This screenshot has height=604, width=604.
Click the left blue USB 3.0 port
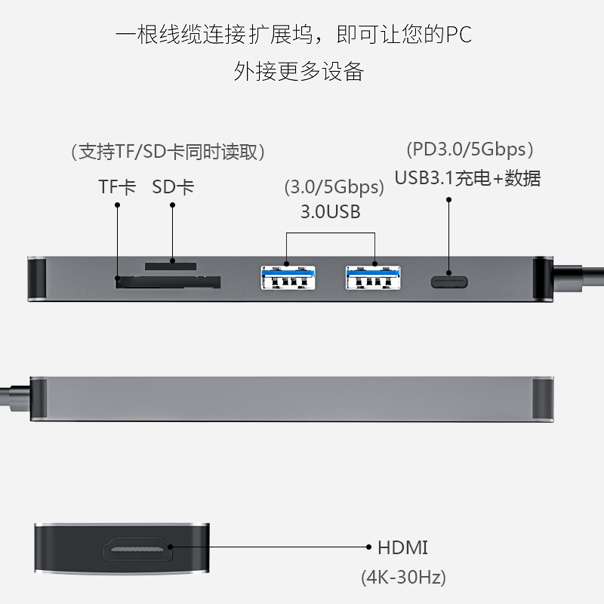pos(286,278)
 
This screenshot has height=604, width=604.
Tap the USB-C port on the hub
pos(449,282)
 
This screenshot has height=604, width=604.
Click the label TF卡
pos(117,186)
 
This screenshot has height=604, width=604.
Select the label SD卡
pos(172,186)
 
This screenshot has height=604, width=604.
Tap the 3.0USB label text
pos(330,211)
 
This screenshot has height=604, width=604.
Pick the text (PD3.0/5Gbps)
pos(470,149)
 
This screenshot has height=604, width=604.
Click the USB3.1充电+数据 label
pos(468,178)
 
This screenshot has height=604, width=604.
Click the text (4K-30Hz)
pos(403,578)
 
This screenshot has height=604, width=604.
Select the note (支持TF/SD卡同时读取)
pos(167,152)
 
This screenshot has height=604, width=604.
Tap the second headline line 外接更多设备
pos(299,71)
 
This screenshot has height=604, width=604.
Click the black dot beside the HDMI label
pos(368,547)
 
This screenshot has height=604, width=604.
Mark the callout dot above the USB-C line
pos(449,200)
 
